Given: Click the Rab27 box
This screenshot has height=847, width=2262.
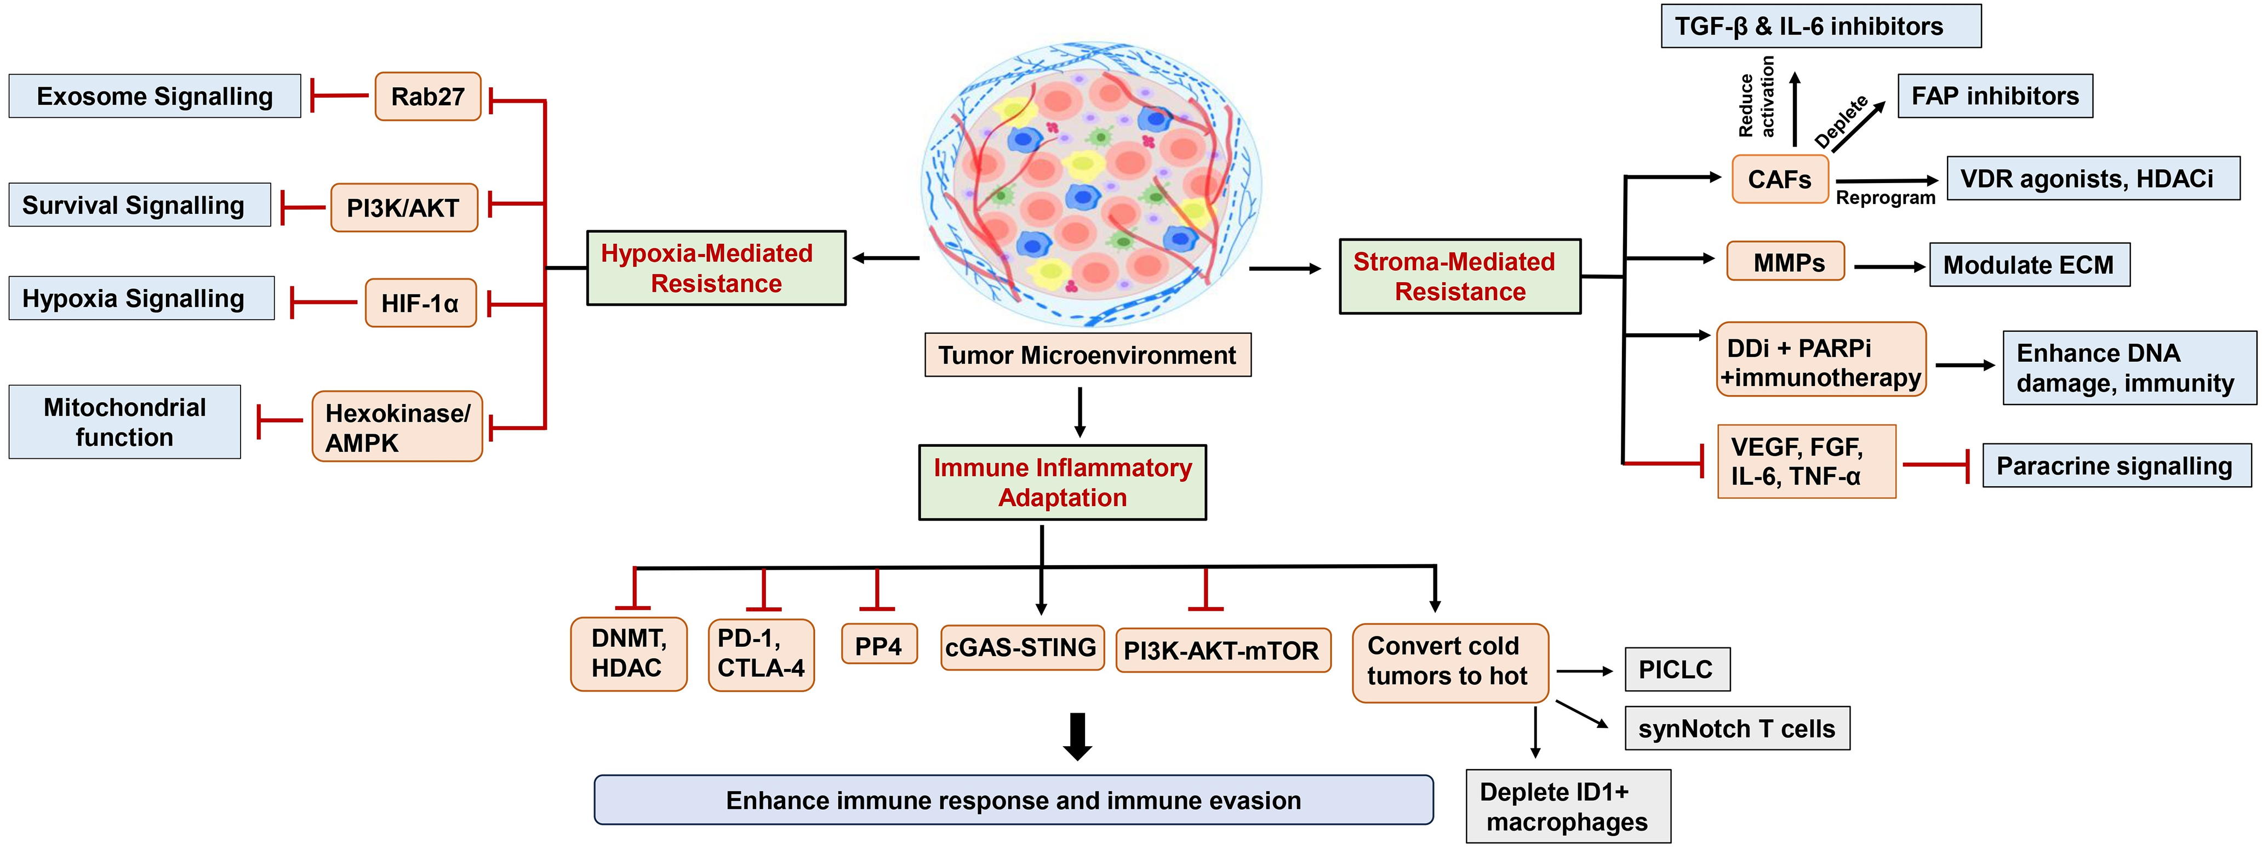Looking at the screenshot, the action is coord(427,96).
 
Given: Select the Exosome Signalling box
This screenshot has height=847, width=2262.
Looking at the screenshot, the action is coord(155,96).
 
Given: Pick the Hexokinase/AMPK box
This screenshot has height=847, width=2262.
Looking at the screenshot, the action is coord(397,426).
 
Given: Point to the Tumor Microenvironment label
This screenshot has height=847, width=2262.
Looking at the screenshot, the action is coord(1088,355).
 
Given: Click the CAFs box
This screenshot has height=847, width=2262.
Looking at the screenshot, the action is coord(1780,179).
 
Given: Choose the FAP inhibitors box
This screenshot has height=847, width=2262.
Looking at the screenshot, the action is coord(1996,96).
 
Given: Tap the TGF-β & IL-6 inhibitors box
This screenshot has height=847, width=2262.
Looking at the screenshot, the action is coord(1821,25).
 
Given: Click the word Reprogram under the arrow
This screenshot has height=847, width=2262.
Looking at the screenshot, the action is coord(1886,198).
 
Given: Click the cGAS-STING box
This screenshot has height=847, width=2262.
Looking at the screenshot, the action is coord(1022,647).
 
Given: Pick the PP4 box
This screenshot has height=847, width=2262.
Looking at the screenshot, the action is coord(879,645).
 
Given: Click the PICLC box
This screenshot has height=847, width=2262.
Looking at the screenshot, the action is coord(1677,669).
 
